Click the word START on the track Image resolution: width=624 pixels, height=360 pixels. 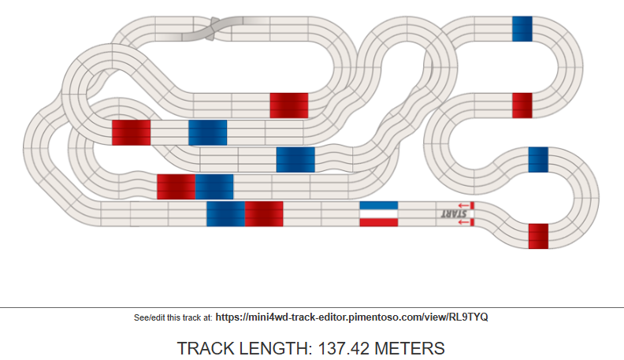point(454,213)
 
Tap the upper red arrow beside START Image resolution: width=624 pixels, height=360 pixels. point(463,206)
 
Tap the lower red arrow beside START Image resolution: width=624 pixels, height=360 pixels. point(463,222)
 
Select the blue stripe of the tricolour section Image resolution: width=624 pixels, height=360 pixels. point(378,206)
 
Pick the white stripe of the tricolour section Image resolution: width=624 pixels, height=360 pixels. point(378,214)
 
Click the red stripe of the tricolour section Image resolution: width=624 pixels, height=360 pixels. point(378,222)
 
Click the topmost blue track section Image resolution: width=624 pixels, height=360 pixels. point(522,28)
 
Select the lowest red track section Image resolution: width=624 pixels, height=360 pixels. point(538,236)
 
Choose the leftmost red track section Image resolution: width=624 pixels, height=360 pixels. point(132,132)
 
